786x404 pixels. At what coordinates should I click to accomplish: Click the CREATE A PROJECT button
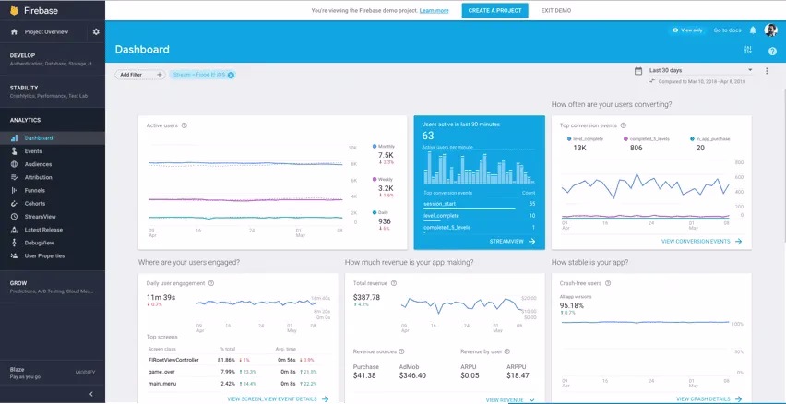point(494,11)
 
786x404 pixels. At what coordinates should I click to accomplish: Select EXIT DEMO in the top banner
point(555,11)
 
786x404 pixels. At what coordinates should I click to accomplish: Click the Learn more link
point(434,11)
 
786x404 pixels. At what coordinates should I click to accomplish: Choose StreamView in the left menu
point(40,216)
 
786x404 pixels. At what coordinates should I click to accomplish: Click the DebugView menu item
point(40,243)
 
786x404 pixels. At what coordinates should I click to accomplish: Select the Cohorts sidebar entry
point(34,203)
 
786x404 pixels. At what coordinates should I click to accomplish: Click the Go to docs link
point(727,30)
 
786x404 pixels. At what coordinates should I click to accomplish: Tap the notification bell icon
point(753,30)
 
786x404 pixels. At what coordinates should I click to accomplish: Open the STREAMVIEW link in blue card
point(510,241)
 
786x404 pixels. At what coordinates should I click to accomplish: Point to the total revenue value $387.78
point(366,297)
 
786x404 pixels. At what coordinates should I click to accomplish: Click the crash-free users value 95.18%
point(572,305)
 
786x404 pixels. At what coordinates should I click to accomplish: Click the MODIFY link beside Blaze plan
point(85,373)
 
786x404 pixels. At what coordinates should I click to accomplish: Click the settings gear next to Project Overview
point(96,31)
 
